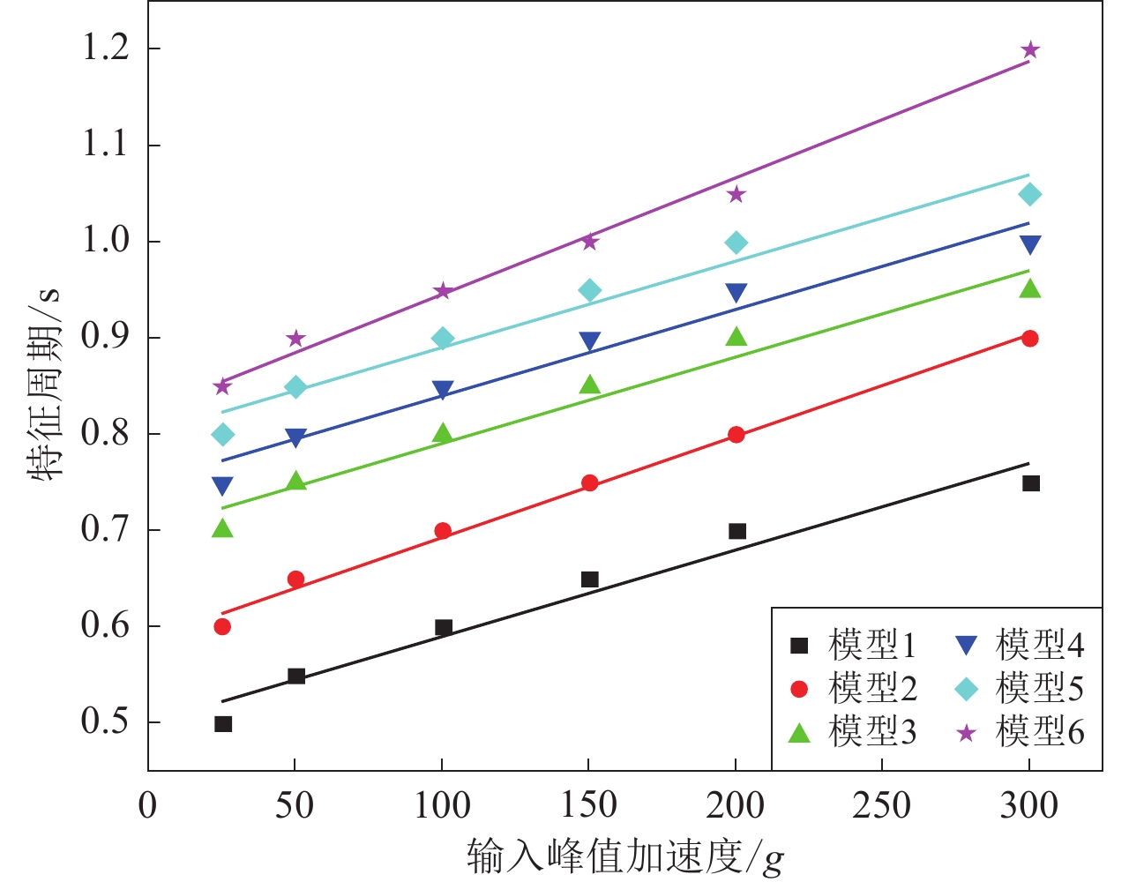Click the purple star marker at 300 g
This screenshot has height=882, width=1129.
1029,50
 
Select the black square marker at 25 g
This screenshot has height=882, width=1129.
223,724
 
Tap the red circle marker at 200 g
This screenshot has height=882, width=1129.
736,435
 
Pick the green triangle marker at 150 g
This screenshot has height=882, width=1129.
590,385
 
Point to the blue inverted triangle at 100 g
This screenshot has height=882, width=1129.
443,390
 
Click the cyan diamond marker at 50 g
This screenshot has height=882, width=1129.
296,387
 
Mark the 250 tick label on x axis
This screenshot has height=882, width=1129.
882,805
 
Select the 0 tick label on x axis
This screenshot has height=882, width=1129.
148,805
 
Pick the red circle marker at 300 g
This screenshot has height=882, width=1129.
1029,339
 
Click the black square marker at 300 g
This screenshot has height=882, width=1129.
1030,483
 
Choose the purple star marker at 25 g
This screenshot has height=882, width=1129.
223,386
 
